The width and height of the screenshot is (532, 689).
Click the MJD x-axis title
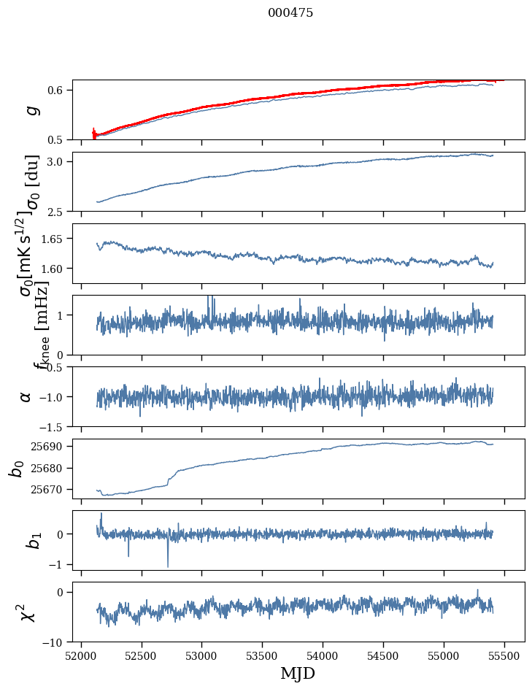click(x=298, y=673)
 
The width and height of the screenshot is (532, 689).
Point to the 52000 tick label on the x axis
click(x=81, y=654)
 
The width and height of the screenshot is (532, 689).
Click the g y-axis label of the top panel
click(x=30, y=110)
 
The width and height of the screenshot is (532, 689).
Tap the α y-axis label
click(x=26, y=396)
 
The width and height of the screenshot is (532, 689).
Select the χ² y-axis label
click(x=28, y=612)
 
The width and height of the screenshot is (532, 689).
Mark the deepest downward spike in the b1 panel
click(x=168, y=566)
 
